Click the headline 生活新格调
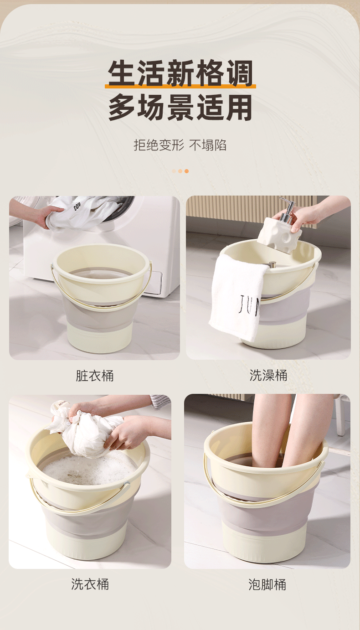[x=180, y=73]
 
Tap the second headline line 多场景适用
[x=180, y=107]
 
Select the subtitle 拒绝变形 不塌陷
[x=180, y=145]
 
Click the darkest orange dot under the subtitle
[x=187, y=171]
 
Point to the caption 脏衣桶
[x=95, y=376]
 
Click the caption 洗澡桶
[x=268, y=375]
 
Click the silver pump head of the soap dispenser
[x=287, y=210]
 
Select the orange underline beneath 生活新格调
[x=180, y=86]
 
